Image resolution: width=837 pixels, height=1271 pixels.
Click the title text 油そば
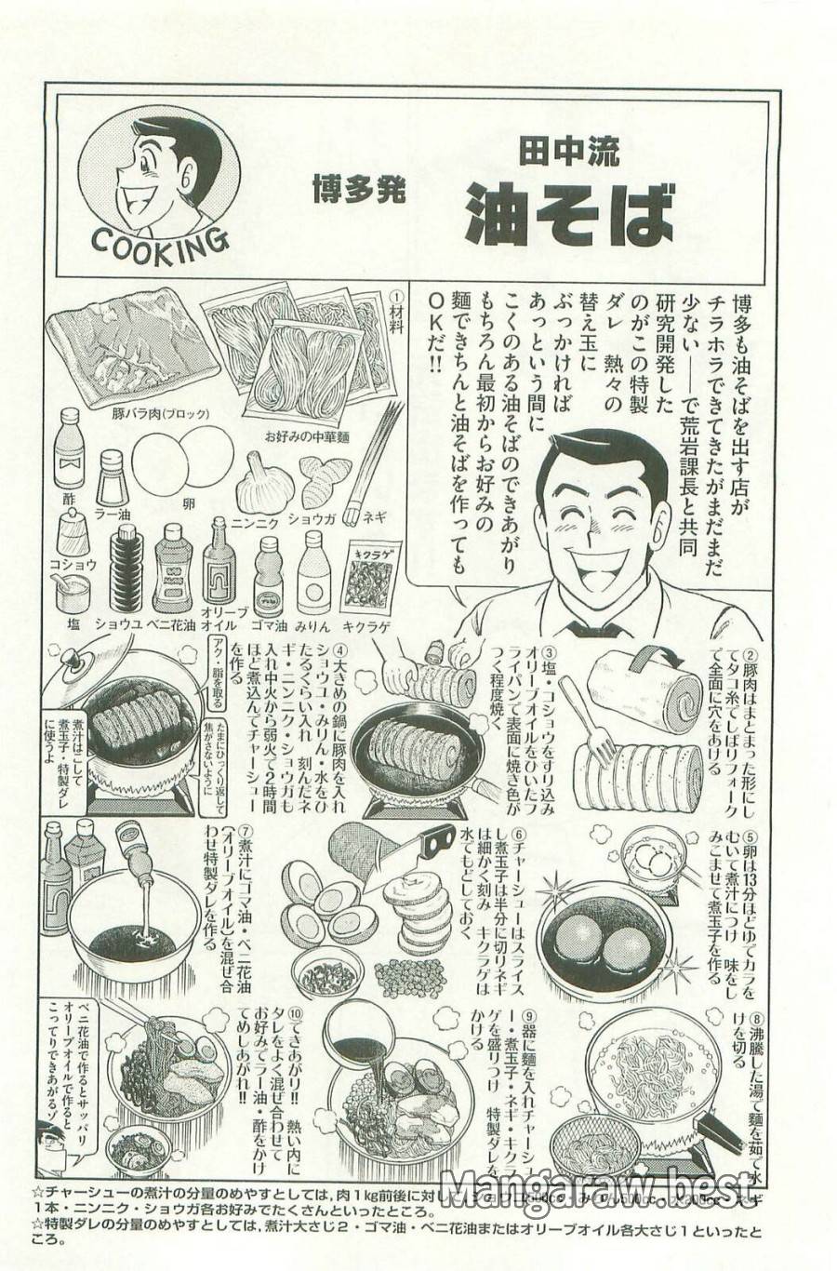click(x=569, y=213)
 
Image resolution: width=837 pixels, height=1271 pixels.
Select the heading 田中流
click(x=569, y=151)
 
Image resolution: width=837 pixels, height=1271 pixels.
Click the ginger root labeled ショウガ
click(x=325, y=480)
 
